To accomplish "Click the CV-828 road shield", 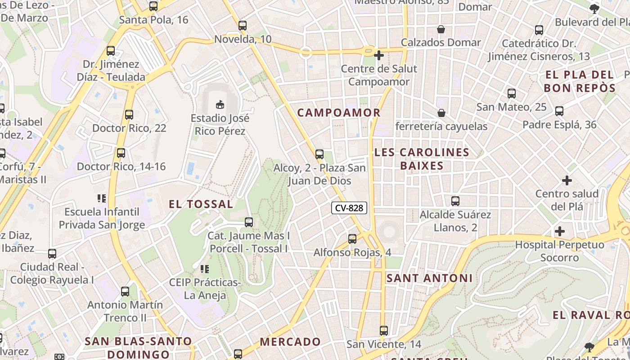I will click(x=349, y=208).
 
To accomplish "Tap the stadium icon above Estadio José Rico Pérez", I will click(x=220, y=105).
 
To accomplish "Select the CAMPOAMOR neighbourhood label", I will click(x=339, y=112).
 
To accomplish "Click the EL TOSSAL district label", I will click(x=201, y=204).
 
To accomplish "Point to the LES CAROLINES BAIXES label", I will click(x=422, y=159).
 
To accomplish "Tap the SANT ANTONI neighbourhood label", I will click(x=429, y=278).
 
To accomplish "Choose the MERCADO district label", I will click(x=290, y=342).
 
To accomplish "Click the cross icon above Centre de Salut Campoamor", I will click(x=379, y=55).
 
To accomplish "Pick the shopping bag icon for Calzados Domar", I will click(x=441, y=29).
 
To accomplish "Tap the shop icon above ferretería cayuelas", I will click(x=441, y=113).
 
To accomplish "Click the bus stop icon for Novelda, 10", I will click(x=243, y=26).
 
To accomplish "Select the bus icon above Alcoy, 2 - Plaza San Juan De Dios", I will click(x=319, y=154).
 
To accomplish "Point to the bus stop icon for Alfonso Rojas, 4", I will click(x=352, y=239).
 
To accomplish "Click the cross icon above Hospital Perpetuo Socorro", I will click(x=560, y=231).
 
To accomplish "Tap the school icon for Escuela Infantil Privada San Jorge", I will click(x=102, y=198).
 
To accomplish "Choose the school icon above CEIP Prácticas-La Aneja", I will click(x=205, y=269).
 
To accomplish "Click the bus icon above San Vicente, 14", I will click(x=384, y=331).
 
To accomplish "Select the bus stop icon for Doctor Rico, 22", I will click(x=129, y=115).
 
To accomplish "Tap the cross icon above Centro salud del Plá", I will click(x=567, y=180).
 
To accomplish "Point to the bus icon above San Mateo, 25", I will click(x=512, y=94).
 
